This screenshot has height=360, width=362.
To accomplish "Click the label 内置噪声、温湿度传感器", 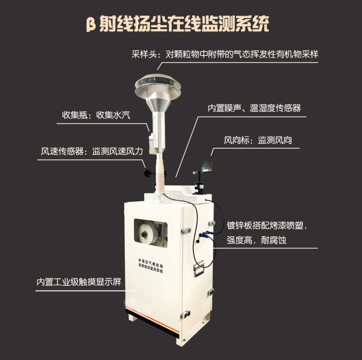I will coord(253,108).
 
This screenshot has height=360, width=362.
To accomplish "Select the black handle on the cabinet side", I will coord(198,269).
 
